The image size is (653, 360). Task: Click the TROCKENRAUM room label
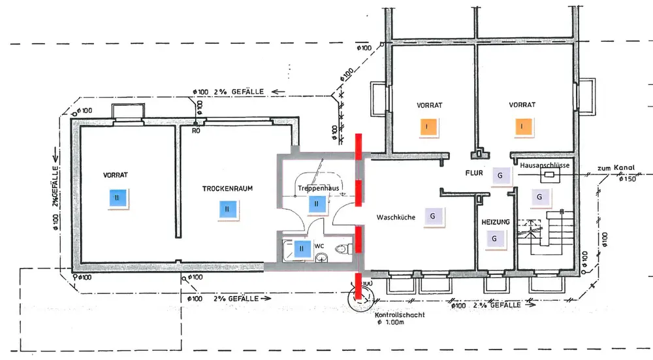(227, 188)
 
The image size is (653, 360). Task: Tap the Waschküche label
(396, 217)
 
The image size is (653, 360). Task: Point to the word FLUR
(473, 174)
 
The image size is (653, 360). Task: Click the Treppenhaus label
(317, 188)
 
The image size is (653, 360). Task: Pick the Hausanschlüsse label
(547, 166)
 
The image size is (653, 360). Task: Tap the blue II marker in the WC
(302, 248)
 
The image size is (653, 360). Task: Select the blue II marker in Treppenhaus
(316, 204)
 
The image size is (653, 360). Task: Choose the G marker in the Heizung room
(494, 239)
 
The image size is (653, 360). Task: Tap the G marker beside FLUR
(500, 176)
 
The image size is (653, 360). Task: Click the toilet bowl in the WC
(340, 249)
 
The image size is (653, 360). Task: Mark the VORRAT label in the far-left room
(115, 175)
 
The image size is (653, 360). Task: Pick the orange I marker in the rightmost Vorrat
(522, 126)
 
